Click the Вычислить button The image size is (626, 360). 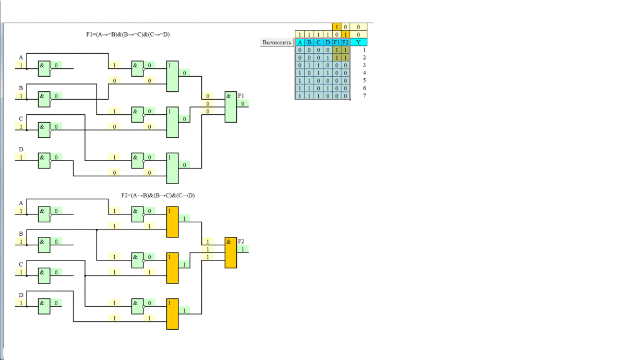[x=277, y=42]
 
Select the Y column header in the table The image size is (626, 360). [x=358, y=42]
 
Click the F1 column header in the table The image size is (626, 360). [x=336, y=42]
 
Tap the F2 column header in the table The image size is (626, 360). [x=345, y=42]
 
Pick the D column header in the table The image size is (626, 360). [x=328, y=42]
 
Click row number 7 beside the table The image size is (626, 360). [x=365, y=96]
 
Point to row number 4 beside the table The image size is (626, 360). [x=365, y=73]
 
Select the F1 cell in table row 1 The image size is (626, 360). [x=336, y=50]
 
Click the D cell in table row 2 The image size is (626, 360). [x=328, y=58]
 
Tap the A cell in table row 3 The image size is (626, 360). [x=300, y=65]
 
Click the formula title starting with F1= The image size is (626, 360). [x=128, y=34]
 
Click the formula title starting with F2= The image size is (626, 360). [x=158, y=196]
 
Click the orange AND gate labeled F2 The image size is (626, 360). [x=230, y=253]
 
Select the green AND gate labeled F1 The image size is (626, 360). [x=230, y=107]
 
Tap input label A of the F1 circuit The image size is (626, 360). [x=21, y=57]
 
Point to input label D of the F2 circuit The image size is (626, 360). [x=21, y=295]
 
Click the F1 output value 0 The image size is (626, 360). [x=243, y=104]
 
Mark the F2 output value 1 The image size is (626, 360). [x=243, y=249]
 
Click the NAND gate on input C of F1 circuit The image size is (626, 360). [x=44, y=130]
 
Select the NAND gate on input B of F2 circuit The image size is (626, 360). [x=44, y=245]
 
